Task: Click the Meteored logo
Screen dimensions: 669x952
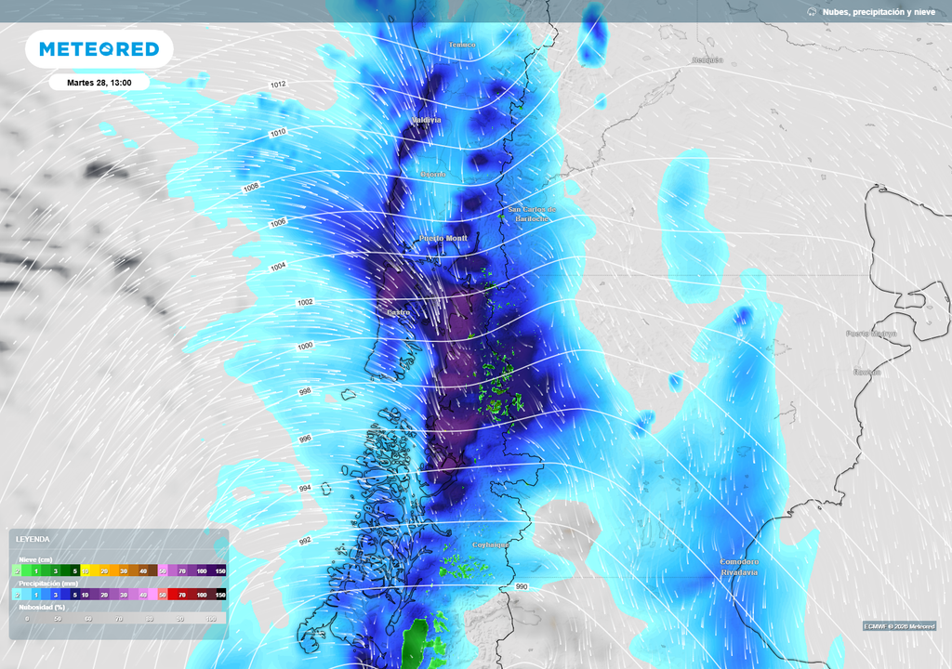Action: coord(99,48)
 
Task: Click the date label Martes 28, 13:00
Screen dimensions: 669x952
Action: coord(99,83)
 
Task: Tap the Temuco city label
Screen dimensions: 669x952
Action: coord(461,45)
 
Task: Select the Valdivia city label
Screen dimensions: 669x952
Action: coord(427,120)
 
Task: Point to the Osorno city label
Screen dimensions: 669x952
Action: coord(433,174)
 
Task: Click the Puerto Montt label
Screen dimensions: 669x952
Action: coord(443,239)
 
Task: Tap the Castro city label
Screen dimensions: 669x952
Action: coord(398,312)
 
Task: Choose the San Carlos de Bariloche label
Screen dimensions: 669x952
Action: coord(532,215)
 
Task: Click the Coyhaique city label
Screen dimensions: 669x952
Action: coord(491,545)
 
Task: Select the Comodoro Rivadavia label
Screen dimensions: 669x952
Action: coord(740,567)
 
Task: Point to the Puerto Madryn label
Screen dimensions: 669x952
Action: coord(871,333)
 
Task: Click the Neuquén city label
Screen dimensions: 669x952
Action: coord(707,60)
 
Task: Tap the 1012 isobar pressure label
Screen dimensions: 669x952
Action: coord(278,85)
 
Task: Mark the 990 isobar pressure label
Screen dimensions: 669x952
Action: coord(521,587)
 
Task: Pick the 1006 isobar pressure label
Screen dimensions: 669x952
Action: coord(279,222)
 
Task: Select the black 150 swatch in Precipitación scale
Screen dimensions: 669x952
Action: coord(220,594)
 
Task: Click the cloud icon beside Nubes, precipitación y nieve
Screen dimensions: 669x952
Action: coord(812,12)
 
